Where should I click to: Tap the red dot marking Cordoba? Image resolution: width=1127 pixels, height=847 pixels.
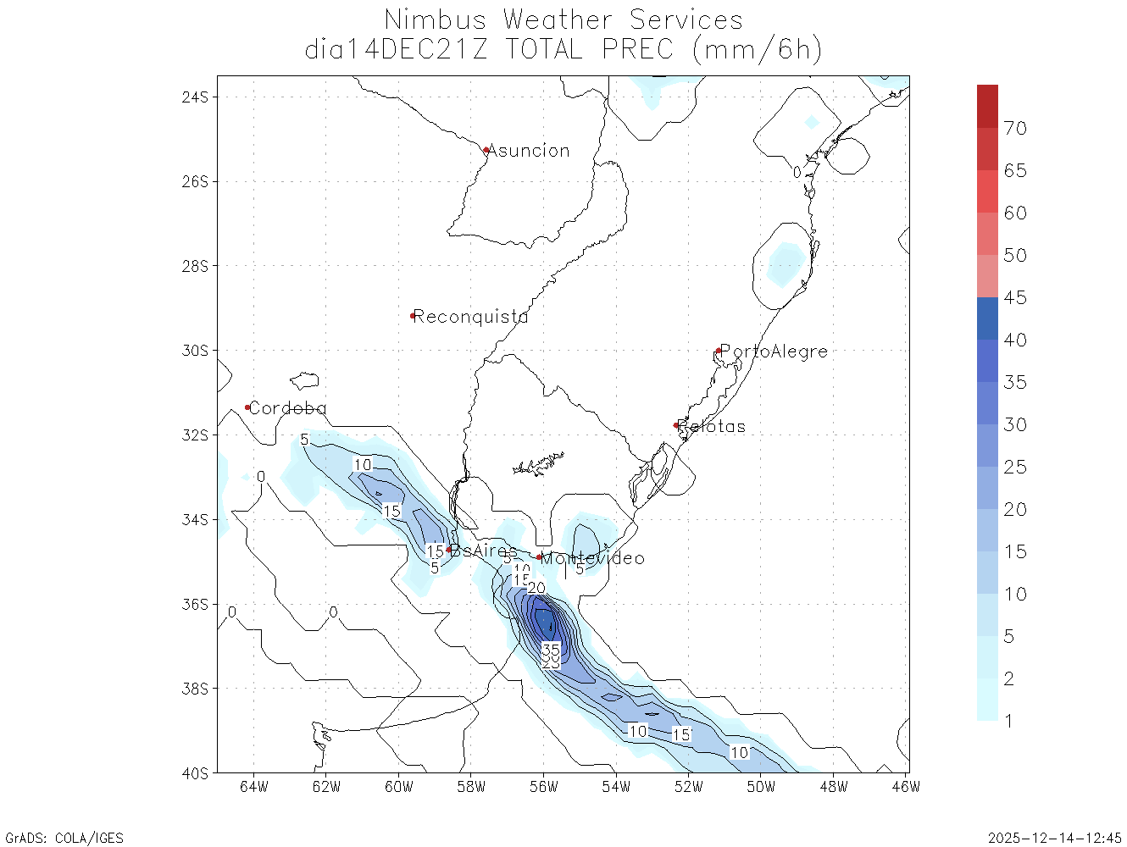247,407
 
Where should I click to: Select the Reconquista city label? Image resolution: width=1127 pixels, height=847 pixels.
470,317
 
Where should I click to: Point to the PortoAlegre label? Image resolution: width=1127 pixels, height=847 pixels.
774,351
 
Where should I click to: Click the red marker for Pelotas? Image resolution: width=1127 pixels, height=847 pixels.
676,425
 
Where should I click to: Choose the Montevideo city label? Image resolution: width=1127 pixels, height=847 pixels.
592,558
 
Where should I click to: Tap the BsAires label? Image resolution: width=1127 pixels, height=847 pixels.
483,551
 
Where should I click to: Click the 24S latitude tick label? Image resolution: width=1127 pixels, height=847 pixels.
194,97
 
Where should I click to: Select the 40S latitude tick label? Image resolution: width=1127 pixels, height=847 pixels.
194,773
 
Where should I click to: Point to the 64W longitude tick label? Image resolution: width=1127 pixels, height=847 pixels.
254,787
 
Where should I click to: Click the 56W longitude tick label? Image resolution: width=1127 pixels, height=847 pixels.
544,787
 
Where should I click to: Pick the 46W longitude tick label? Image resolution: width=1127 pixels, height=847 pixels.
906,787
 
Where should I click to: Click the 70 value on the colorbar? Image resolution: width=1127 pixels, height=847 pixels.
1015,129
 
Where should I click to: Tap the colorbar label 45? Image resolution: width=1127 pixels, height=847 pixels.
1015,298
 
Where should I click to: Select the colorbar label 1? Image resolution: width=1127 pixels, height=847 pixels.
1008,722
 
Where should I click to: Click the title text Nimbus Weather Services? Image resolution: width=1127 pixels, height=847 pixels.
563,19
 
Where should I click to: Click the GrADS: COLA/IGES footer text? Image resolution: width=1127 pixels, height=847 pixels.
64,839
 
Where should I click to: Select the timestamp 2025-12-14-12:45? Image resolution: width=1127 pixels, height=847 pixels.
1055,839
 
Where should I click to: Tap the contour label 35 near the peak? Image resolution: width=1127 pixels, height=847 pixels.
551,650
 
